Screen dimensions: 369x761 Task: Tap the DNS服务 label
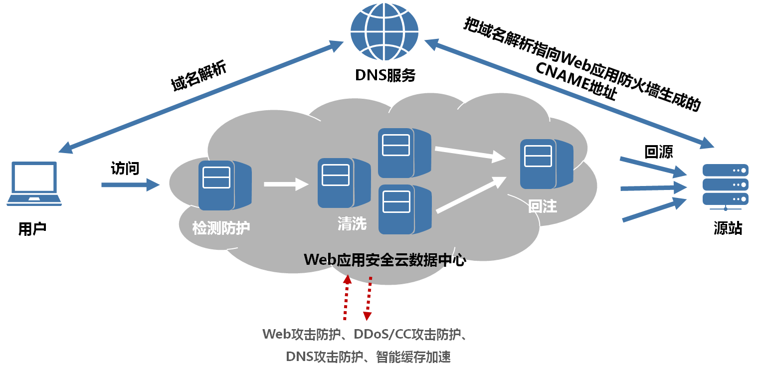pyautogui.click(x=385, y=75)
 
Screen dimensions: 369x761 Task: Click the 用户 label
pyautogui.click(x=32, y=229)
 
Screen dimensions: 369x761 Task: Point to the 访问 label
pyautogui.click(x=125, y=169)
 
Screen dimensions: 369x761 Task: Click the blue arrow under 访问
pyautogui.click(x=130, y=185)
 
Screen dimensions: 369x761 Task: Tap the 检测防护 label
pyautogui.click(x=221, y=228)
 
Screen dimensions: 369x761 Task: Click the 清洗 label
pyautogui.click(x=352, y=224)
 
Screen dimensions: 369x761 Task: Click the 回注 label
pyautogui.click(x=543, y=207)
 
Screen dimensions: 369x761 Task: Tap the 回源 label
pyautogui.click(x=659, y=152)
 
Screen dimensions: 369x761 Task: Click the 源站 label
pyautogui.click(x=728, y=229)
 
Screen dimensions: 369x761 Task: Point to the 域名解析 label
pyautogui.click(x=198, y=76)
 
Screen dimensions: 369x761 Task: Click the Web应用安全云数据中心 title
pyautogui.click(x=384, y=260)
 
